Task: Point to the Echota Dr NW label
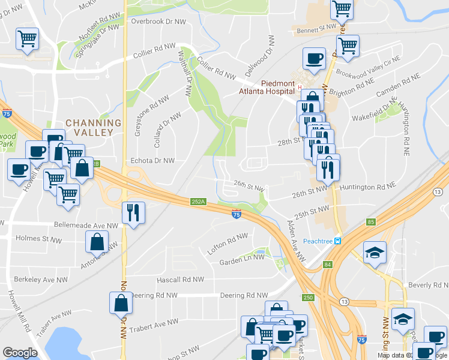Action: tap(152, 161)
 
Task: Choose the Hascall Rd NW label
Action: tap(180, 280)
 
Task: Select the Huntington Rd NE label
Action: tap(368, 187)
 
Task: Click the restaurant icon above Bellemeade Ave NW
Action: tap(133, 212)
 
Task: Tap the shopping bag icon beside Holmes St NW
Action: tap(97, 243)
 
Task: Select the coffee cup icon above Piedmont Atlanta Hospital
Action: tap(315, 59)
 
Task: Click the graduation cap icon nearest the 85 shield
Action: tap(375, 252)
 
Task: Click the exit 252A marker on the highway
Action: tap(199, 202)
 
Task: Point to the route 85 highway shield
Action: tap(370, 222)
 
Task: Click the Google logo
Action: tap(20, 353)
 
